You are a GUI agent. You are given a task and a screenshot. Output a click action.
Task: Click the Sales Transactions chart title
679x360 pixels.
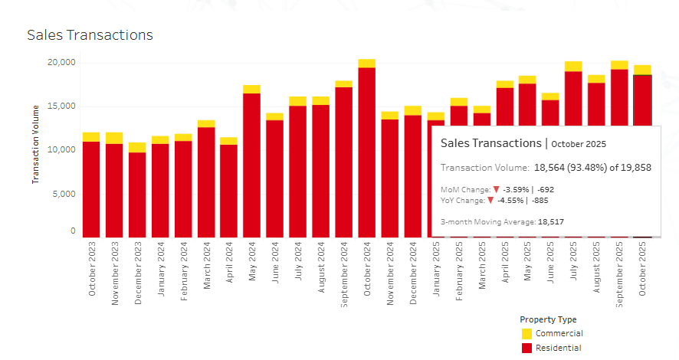90,35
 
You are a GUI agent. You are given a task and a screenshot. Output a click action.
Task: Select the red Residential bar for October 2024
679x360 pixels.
367,153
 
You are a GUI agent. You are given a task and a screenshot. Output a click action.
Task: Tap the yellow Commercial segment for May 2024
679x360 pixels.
251,89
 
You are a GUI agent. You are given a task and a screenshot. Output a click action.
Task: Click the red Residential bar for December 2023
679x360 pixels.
137,195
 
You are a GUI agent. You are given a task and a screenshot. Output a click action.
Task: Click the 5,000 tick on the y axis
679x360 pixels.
61,194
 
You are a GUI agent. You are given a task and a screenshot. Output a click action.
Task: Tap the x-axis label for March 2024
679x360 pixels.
206,267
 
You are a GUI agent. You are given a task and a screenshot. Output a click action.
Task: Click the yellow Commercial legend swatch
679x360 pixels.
526,334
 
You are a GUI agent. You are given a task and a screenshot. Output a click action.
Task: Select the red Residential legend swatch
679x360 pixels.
526,349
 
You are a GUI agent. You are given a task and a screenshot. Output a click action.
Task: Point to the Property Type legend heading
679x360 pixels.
548,319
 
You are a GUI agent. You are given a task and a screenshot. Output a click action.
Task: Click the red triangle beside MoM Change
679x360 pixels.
497,189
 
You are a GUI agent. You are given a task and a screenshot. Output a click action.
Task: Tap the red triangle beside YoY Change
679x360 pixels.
491,200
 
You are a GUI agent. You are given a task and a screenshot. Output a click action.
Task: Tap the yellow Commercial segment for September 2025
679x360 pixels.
620,65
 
